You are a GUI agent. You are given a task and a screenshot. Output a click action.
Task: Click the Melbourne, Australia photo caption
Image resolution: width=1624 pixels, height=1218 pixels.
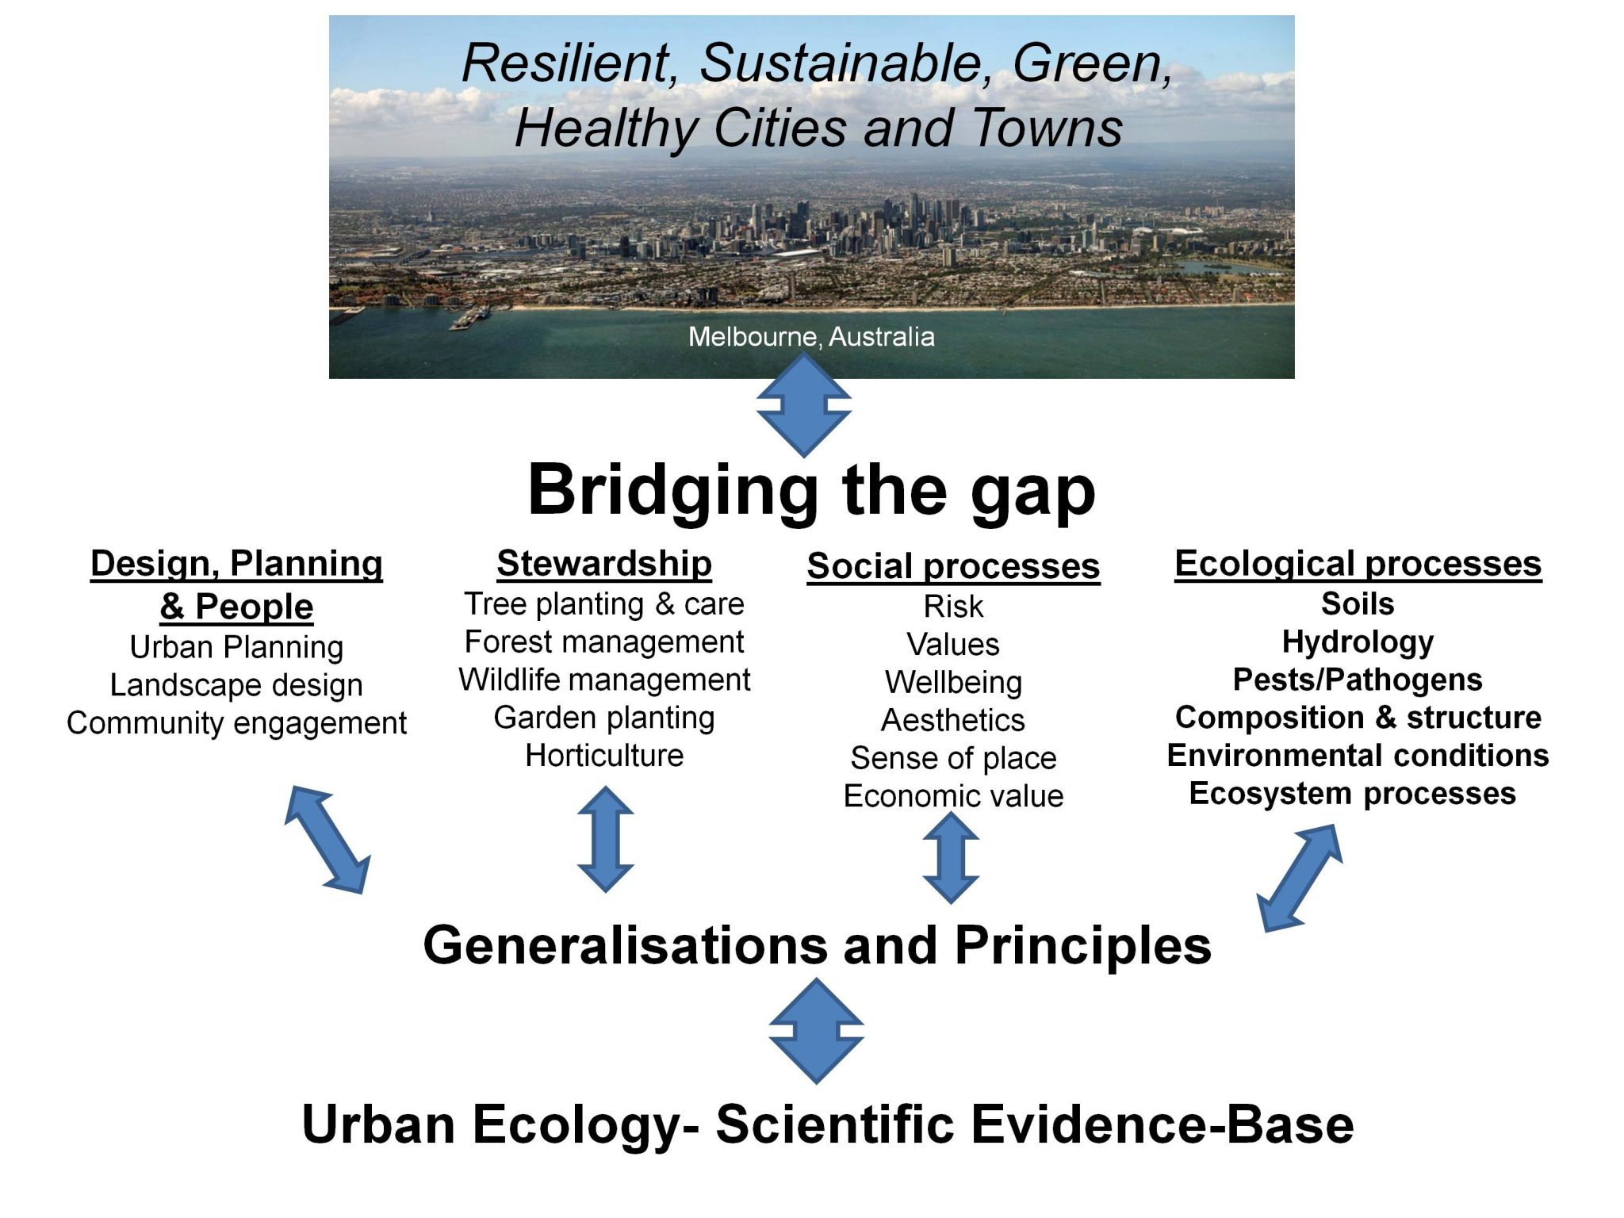[811, 337]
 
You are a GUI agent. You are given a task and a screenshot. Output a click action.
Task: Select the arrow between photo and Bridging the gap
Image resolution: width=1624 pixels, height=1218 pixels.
[803, 405]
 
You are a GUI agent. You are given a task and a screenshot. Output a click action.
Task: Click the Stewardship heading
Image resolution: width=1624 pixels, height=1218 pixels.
[604, 564]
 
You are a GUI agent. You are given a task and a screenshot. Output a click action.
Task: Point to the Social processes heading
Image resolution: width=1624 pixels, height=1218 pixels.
[953, 567]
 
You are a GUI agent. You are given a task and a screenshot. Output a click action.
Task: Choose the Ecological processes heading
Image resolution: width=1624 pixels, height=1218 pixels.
[1358, 564]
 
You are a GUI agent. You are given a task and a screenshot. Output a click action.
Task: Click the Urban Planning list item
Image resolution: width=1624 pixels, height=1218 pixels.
[236, 647]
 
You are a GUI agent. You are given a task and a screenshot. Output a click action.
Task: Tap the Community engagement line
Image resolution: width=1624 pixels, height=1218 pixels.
[236, 723]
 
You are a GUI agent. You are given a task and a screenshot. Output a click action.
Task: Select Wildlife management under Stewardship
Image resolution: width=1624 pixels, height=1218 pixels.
[604, 680]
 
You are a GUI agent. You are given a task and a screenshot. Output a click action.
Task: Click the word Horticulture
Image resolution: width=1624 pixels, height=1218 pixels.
[604, 756]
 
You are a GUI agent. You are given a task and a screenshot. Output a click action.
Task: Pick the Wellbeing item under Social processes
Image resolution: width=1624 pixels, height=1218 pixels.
[953, 683]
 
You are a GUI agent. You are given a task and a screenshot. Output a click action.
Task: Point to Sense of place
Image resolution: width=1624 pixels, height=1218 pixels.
[953, 759]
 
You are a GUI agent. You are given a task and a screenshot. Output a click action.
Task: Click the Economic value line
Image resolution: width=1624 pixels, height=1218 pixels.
[953, 796]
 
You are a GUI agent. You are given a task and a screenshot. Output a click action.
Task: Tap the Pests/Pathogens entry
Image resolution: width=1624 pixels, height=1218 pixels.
[1358, 680]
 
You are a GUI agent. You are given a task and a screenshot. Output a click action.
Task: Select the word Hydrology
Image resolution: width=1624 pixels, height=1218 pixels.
[1358, 642]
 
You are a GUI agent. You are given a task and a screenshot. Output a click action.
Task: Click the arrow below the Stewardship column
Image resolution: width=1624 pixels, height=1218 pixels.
[605, 839]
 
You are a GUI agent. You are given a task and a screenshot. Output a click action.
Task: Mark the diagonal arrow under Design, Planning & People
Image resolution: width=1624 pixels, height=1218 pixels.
[327, 840]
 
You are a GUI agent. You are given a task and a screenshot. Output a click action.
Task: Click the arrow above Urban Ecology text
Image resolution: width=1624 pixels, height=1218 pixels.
[816, 1031]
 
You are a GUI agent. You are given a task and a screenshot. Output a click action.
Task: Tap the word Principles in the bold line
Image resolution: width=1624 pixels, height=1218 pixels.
[1082, 946]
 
